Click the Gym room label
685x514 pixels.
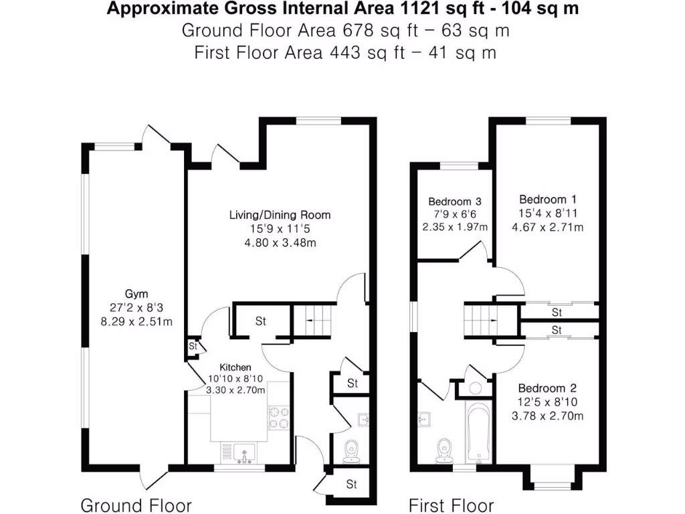point(136,294)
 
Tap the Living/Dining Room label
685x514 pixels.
point(280,215)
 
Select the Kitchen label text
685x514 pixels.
point(236,367)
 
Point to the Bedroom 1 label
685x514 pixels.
point(548,199)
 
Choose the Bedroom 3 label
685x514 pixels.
point(455,201)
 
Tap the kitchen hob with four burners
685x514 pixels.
point(278,417)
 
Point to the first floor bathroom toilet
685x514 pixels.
point(443,450)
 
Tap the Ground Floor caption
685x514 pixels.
point(136,505)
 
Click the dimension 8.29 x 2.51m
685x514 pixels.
point(136,322)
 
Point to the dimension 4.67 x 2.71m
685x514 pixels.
point(548,227)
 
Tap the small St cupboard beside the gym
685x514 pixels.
point(193,346)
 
